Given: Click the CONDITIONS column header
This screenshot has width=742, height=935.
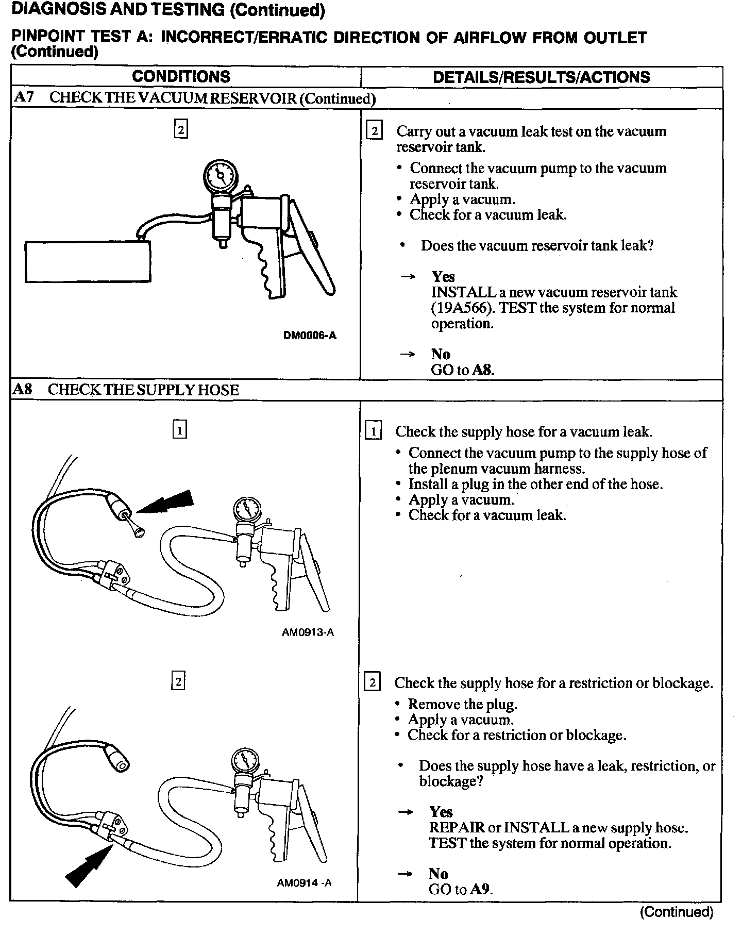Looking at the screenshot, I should click(x=181, y=77).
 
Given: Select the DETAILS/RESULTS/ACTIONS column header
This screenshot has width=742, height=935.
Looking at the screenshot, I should click(x=541, y=77).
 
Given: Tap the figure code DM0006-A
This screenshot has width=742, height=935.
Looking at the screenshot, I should click(x=310, y=336).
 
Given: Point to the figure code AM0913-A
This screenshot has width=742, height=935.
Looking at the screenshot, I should click(x=308, y=632).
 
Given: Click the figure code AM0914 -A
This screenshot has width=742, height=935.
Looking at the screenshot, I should click(x=304, y=883).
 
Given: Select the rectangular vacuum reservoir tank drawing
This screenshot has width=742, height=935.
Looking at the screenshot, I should click(x=88, y=262).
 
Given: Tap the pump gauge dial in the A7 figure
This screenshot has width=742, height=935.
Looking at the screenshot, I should click(x=220, y=176).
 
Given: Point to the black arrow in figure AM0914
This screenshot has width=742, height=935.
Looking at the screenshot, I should click(x=88, y=867).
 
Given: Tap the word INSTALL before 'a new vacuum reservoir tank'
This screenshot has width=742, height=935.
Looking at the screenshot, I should click(x=463, y=292).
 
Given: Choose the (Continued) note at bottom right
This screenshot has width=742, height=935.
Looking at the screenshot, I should click(x=676, y=912).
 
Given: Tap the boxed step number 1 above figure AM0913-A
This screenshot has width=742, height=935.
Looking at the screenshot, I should click(x=179, y=430).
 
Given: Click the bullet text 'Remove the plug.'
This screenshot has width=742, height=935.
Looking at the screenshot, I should click(x=462, y=704).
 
